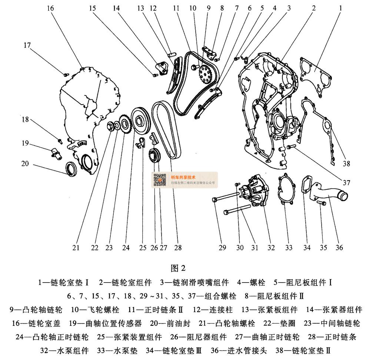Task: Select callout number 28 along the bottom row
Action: [178, 248]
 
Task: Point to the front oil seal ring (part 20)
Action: [72, 168]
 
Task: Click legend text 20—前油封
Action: [170, 324]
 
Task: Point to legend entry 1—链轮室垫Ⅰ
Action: [63, 283]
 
